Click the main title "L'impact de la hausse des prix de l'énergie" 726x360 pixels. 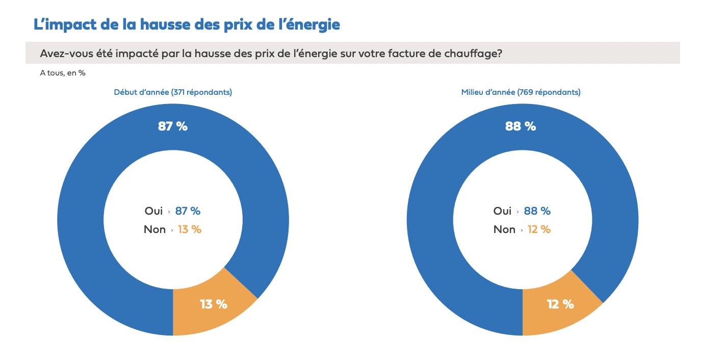(187, 24)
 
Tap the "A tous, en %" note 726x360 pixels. (63, 73)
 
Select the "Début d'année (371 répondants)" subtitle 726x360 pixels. (173, 92)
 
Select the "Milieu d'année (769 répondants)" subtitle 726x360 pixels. (521, 92)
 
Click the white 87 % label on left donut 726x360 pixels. (173, 126)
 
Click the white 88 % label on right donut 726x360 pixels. (521, 126)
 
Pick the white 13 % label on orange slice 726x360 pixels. (214, 304)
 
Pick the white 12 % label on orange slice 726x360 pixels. (560, 304)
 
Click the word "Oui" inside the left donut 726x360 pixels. (153, 211)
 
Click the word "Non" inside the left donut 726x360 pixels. (154, 229)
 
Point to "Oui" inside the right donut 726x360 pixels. (502, 211)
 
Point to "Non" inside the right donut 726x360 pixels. (504, 229)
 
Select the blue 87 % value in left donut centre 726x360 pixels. (188, 211)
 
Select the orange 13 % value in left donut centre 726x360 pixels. (190, 229)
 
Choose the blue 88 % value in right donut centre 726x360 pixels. (537, 211)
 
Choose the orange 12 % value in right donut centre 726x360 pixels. (539, 229)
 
